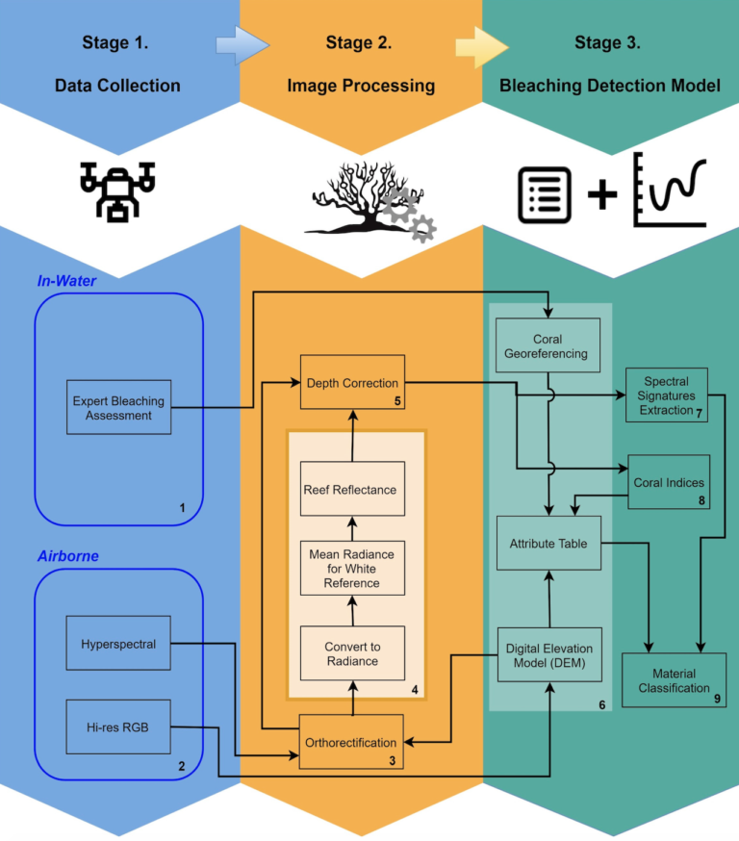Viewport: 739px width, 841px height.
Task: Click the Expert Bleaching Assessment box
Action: pos(118,407)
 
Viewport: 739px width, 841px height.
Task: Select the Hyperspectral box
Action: pos(118,644)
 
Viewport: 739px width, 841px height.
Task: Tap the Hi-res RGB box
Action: pos(118,726)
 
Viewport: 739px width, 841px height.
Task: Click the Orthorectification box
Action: pos(350,742)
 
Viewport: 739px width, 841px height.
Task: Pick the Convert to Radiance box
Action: pos(350,653)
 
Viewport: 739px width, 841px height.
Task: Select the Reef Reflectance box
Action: pos(350,489)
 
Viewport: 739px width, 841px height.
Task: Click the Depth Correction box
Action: pos(350,383)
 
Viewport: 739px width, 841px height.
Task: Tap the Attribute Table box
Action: pos(548,544)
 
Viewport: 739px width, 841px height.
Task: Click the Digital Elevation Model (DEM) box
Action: pos(548,654)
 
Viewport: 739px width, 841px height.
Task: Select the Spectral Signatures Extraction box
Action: pos(666,395)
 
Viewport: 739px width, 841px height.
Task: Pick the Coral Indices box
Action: pos(668,482)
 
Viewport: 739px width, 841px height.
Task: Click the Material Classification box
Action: pos(674,680)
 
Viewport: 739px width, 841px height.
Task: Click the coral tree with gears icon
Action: pos(370,199)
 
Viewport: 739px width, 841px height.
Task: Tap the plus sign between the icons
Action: pos(602,195)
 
